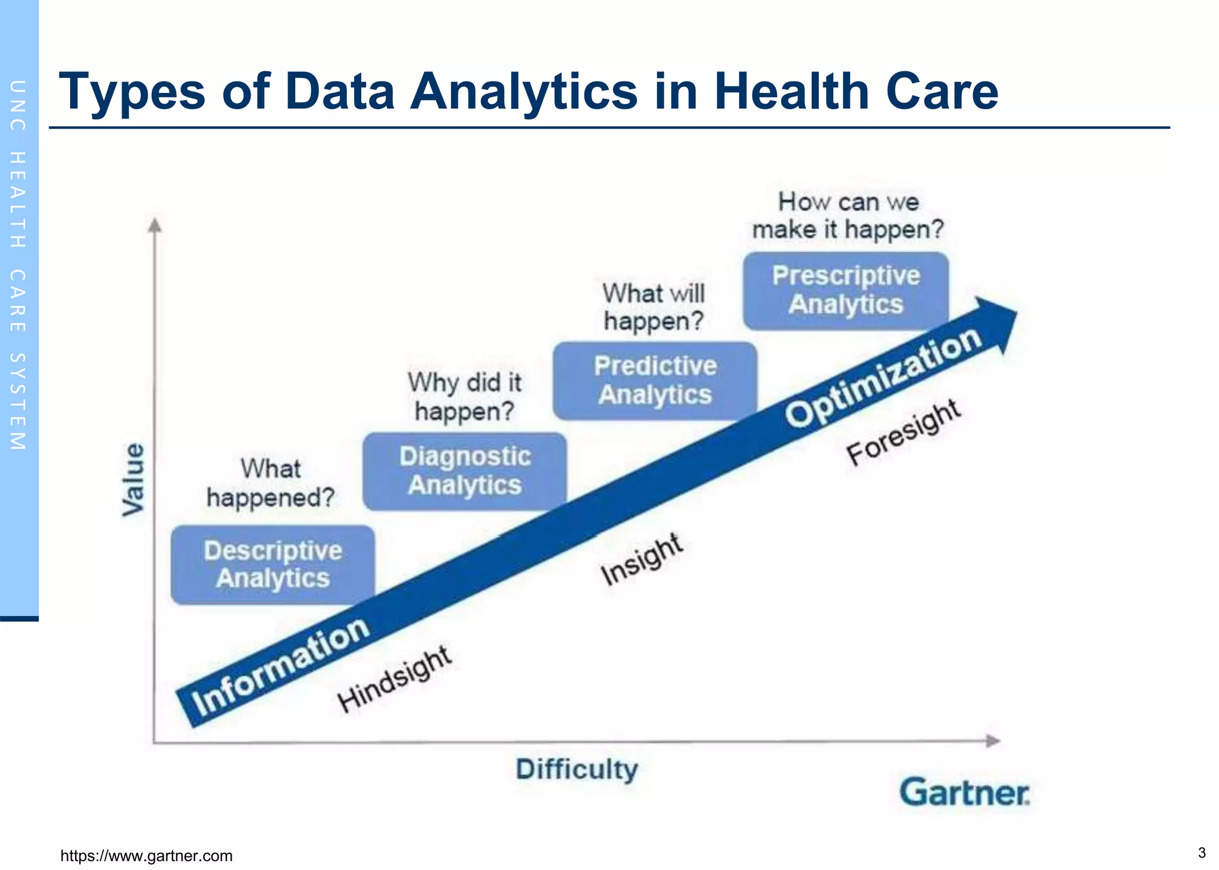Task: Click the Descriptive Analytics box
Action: point(273,564)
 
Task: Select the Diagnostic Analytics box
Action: point(464,471)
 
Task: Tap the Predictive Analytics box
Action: point(655,380)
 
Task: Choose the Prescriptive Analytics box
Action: point(845,290)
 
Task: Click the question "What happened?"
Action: point(270,483)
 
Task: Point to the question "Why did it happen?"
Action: point(464,396)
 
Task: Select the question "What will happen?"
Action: point(654,307)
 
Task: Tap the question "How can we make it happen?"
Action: point(848,215)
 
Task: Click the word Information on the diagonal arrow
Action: point(280,666)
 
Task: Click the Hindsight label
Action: point(394,678)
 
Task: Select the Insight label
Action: point(641,558)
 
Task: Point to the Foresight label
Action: point(903,432)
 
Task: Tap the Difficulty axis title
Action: point(577,769)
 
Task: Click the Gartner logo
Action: point(964,793)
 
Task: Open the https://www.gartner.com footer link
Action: point(146,856)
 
